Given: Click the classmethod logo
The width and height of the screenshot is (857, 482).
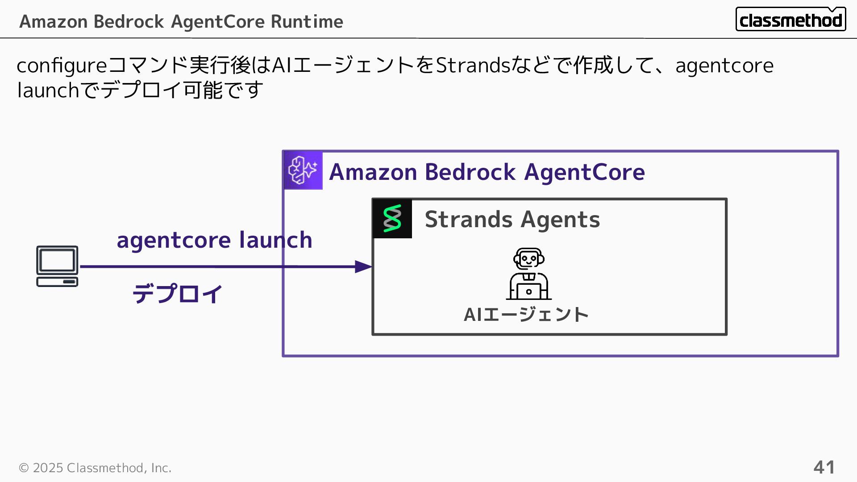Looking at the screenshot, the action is pos(790,20).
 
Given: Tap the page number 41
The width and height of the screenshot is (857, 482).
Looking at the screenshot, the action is pos(824,467).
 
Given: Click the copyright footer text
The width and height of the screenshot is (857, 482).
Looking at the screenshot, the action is pos(95,468).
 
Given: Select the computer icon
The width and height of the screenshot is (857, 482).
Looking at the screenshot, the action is pos(57,266).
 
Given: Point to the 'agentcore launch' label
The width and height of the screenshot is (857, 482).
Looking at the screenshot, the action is pos(214,240).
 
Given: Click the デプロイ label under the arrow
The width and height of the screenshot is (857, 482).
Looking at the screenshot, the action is pos(177,294).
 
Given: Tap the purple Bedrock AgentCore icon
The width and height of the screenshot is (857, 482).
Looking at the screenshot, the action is pos(303,170).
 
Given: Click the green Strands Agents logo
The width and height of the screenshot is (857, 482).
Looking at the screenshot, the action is pos(392,219).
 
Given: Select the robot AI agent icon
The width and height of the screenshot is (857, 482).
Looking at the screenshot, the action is pos(529,274).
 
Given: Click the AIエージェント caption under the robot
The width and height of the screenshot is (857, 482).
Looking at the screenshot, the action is pos(526,315).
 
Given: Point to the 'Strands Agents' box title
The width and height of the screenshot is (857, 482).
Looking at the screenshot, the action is pos(512,220).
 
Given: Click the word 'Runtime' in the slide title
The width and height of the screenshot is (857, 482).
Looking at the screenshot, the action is pos(307,21).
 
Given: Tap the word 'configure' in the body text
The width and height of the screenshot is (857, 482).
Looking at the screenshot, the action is pos(62,66).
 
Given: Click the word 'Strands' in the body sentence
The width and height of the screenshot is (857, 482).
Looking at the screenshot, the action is pos(473,66).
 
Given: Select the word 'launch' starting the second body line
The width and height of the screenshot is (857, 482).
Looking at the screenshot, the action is pos(48,91).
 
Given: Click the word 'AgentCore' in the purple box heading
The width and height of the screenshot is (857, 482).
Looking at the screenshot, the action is pos(584,172).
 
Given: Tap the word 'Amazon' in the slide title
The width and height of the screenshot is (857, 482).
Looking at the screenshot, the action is pos(53,21).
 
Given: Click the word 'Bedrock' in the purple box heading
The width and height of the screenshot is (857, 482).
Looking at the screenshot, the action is pos(470,172).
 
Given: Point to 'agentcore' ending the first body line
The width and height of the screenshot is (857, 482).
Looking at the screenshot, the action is pos(724,66).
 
